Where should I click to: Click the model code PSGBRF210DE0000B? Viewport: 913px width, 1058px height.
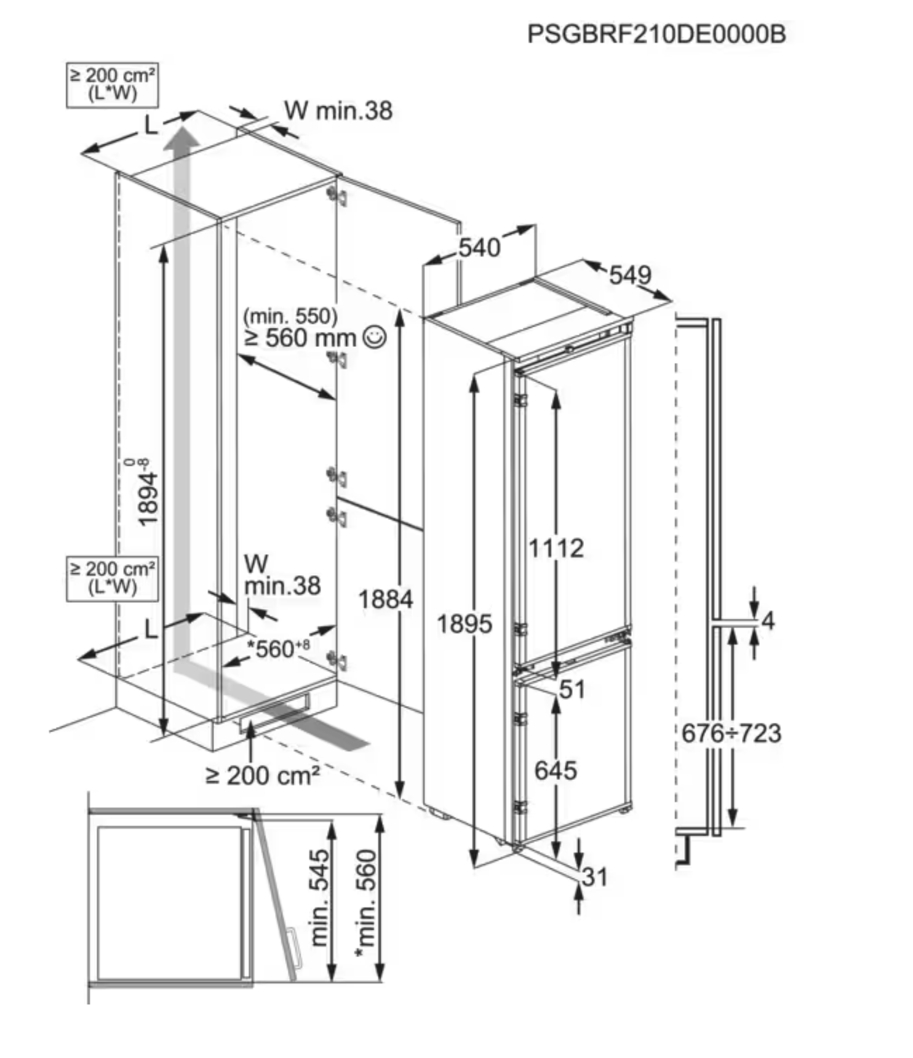(x=656, y=34)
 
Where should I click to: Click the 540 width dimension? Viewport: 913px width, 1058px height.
(x=479, y=248)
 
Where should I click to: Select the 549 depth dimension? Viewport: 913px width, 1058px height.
(x=629, y=274)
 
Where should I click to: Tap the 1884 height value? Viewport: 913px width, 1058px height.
(x=385, y=599)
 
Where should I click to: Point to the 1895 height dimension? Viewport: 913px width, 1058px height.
(x=464, y=624)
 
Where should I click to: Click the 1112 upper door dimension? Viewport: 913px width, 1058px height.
(x=556, y=548)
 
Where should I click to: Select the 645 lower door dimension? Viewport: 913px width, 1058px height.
(x=555, y=770)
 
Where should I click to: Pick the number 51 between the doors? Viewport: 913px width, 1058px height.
(x=572, y=690)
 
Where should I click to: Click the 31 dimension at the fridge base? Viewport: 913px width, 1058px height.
(x=594, y=877)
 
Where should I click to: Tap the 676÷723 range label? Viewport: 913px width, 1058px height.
(x=731, y=733)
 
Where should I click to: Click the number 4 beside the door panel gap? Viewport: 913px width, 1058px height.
(x=768, y=621)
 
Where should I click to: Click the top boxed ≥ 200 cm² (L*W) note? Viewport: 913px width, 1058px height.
(x=112, y=85)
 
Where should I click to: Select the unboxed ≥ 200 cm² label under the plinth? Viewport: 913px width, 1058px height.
(x=263, y=776)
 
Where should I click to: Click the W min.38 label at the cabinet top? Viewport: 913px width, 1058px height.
(x=338, y=111)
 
